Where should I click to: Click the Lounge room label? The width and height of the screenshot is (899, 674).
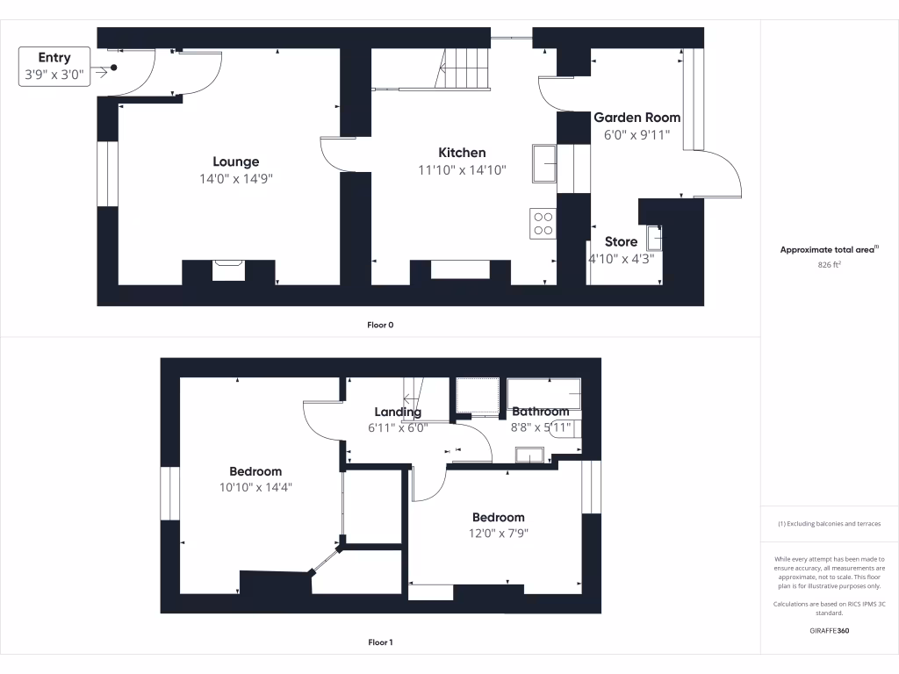[x=235, y=161]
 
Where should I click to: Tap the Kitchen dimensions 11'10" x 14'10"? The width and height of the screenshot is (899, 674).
[x=462, y=170]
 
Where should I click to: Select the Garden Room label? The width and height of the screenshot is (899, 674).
[x=636, y=118]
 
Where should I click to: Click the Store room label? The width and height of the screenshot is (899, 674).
[x=621, y=242]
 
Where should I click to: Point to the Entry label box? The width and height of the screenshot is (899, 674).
[x=54, y=67]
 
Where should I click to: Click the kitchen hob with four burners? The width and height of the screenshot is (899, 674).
[x=543, y=223]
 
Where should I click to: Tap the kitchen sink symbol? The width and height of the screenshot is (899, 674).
[x=543, y=164]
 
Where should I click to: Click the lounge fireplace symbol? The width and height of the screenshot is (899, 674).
[x=228, y=269]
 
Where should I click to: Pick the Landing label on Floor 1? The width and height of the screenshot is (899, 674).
[x=398, y=412]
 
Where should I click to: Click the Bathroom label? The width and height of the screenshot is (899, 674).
[x=540, y=412]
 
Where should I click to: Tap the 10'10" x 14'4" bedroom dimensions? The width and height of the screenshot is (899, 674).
[x=255, y=488]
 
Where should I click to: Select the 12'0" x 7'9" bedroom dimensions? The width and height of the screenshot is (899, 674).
[x=498, y=534]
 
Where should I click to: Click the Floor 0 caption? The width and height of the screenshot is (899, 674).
[x=380, y=325]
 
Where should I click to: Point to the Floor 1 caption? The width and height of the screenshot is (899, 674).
[x=380, y=642]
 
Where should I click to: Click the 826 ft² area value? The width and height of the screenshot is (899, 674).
[x=829, y=263]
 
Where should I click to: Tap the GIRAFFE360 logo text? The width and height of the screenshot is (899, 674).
[x=829, y=630]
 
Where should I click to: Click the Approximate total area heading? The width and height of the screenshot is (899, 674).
[x=827, y=250]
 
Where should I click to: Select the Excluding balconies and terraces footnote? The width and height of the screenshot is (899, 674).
[x=829, y=524]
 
